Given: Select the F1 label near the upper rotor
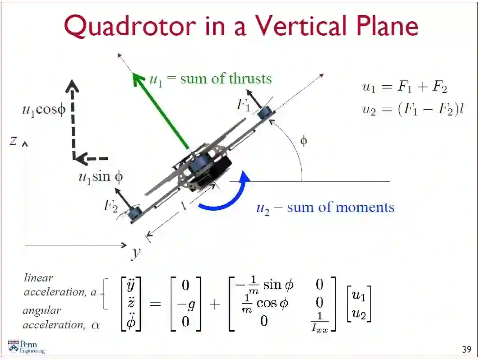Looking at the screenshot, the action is click(243, 105).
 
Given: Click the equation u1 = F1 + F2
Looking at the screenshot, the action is click(404, 87).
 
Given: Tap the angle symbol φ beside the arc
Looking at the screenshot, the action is click(304, 141).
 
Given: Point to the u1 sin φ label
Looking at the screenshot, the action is click(101, 176).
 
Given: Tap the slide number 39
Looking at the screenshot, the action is click(466, 349).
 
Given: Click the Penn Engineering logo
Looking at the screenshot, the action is click(27, 346).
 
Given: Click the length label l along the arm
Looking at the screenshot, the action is click(184, 205).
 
